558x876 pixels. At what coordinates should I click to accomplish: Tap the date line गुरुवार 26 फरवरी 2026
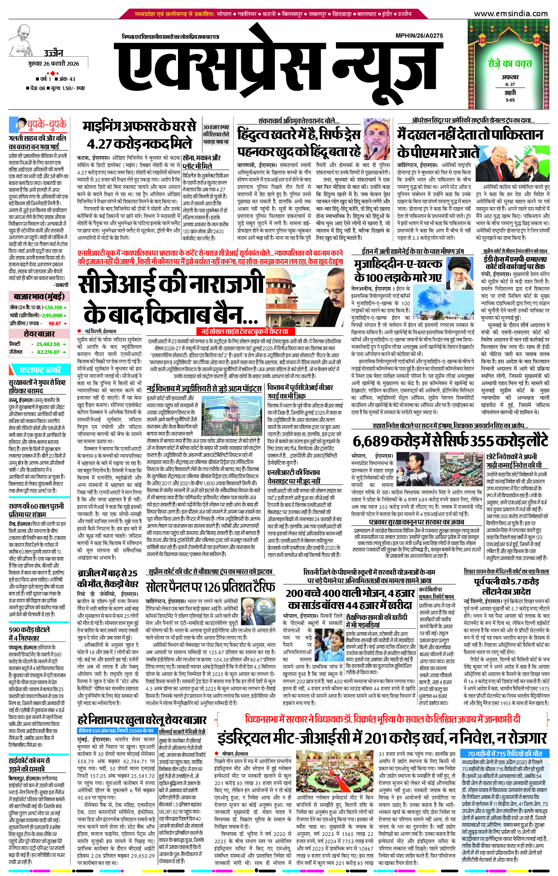[x=54, y=64]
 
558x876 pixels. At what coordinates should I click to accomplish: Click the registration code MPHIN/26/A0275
[x=419, y=36]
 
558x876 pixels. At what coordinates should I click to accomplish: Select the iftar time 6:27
[x=510, y=84]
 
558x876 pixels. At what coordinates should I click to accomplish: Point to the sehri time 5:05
[x=510, y=100]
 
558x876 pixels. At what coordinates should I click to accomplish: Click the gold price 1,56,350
[x=52, y=308]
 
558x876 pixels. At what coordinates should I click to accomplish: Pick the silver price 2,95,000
[x=52, y=315]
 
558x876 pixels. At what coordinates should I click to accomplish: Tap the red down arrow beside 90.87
[x=65, y=324]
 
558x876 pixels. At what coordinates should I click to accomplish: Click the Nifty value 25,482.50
[x=48, y=344]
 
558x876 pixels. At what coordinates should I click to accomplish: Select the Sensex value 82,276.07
[x=48, y=352]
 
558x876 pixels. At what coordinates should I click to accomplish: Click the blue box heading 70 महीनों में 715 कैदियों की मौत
[x=504, y=753]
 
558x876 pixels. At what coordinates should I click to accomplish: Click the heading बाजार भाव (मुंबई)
[x=39, y=297]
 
